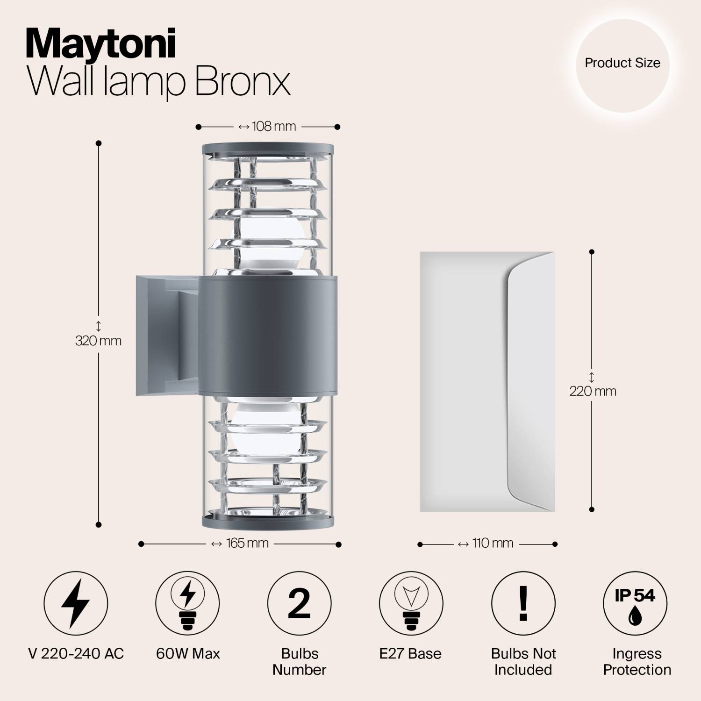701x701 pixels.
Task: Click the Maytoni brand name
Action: click(x=100, y=44)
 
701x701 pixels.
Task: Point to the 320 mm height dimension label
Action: click(x=99, y=341)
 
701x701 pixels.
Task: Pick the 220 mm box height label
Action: click(x=593, y=391)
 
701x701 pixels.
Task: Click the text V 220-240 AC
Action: click(x=76, y=653)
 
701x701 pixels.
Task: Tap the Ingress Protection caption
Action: click(x=637, y=661)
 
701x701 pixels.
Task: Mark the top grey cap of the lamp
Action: click(x=268, y=149)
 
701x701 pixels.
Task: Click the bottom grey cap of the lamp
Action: click(x=268, y=522)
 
